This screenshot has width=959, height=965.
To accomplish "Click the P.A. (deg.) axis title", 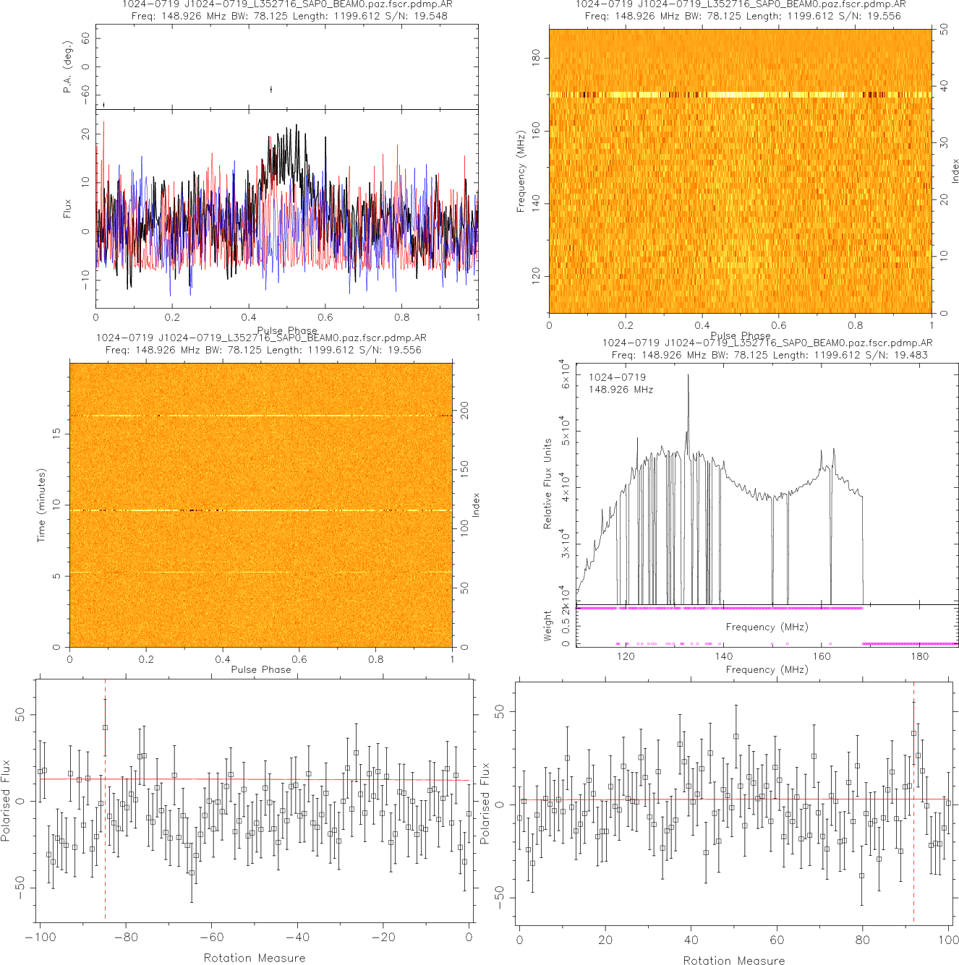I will pos(68,67).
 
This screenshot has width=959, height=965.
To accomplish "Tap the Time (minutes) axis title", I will pos(42,505).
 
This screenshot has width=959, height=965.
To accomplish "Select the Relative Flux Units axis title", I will pos(547,484).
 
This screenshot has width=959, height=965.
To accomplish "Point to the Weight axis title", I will pos(547,625).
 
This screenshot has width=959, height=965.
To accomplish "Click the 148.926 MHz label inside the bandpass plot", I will pos(621,390).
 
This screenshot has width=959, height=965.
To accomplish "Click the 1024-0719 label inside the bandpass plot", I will pos(617,377).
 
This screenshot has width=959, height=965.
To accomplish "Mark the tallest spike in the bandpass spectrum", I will pos(688,376).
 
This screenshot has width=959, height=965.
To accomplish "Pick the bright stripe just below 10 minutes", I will pos(260,510).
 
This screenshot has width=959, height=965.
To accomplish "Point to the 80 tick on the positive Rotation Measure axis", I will pos(862,940).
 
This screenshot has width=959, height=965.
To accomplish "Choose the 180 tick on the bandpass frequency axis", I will pos(919,656).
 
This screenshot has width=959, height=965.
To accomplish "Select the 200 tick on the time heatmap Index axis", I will pos(464,411).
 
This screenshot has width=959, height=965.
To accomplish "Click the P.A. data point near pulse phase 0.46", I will pos(271,90).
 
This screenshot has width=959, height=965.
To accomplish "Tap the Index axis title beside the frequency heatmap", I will pos(955,171).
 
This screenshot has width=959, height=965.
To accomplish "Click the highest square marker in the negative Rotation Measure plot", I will pos(106,727).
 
